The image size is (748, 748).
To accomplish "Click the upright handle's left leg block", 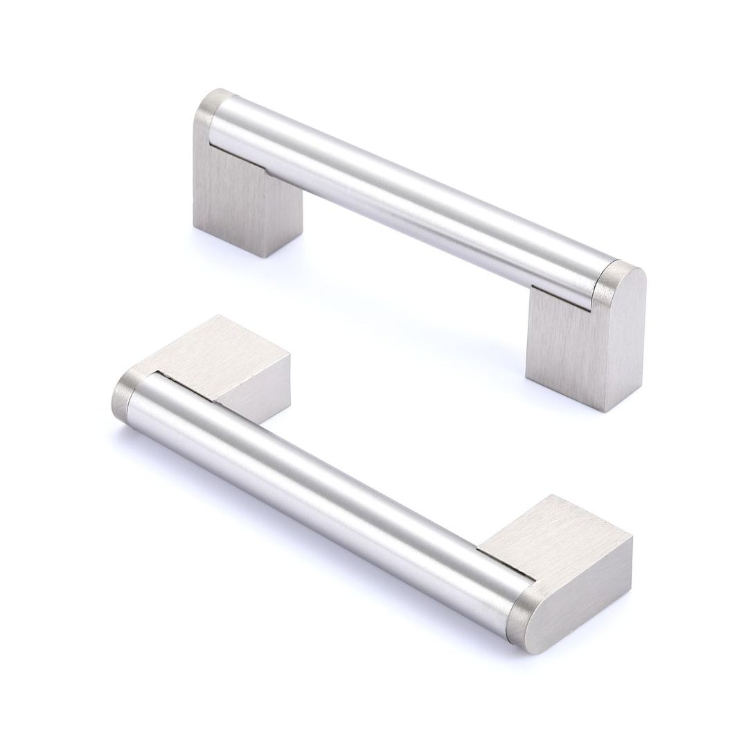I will [229, 201].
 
